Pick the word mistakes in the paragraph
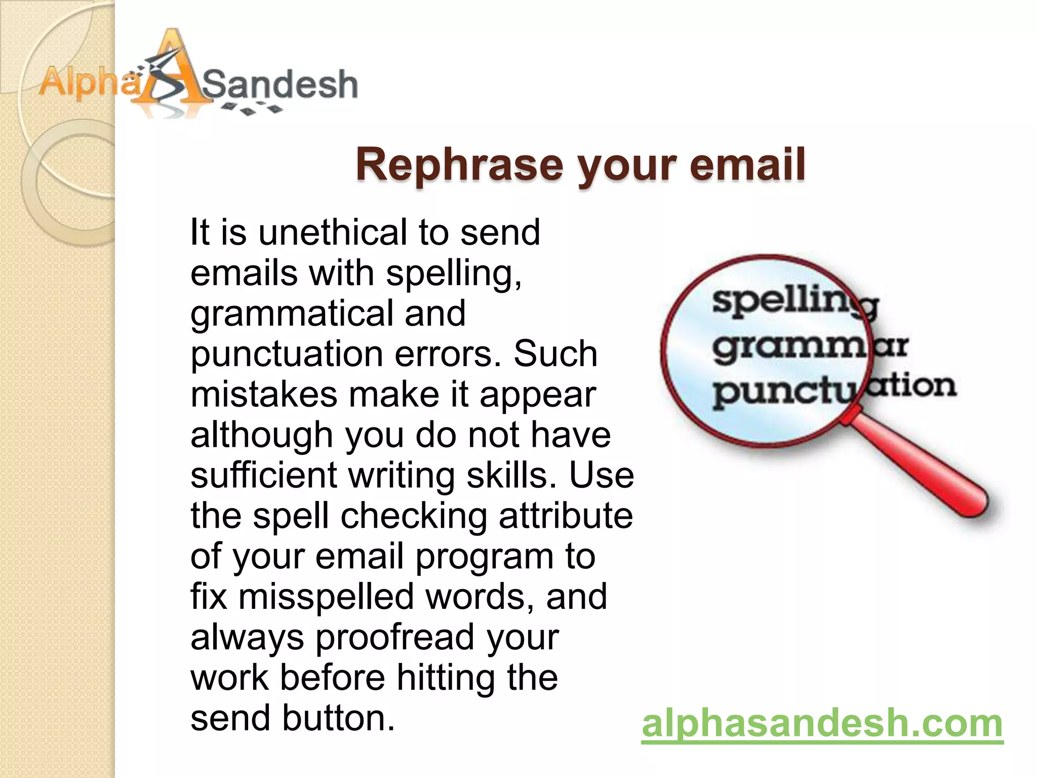coord(264,395)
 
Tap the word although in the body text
coord(261,435)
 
